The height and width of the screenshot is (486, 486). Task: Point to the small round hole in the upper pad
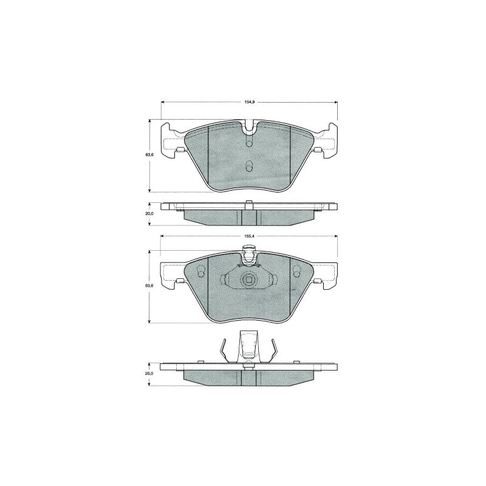(x=249, y=143)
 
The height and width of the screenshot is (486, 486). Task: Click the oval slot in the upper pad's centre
(x=249, y=166)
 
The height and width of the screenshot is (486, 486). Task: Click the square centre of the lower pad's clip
(x=249, y=280)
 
